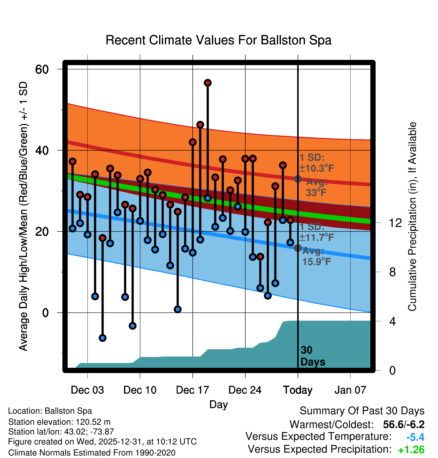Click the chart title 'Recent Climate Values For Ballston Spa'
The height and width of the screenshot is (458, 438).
click(x=218, y=40)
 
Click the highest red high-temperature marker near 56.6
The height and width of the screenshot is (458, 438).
click(x=207, y=83)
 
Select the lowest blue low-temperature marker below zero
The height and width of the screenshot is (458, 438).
click(x=102, y=338)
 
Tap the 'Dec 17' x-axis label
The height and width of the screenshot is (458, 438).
click(x=192, y=390)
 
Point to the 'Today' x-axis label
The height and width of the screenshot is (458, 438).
click(x=298, y=390)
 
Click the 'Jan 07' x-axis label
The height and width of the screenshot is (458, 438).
click(x=350, y=390)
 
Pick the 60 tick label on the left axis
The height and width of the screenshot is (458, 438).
click(x=42, y=69)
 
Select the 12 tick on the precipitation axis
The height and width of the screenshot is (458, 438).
click(x=395, y=223)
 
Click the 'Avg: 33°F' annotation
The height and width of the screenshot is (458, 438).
click(x=316, y=187)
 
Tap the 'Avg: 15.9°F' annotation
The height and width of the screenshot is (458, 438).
click(x=316, y=256)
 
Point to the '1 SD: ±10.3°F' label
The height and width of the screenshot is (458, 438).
click(x=316, y=163)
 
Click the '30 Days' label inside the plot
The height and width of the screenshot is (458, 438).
click(x=312, y=356)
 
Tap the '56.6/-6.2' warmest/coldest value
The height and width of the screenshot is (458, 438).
click(x=404, y=424)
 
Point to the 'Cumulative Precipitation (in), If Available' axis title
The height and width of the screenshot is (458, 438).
click(x=412, y=216)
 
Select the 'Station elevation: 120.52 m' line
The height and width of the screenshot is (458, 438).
click(x=59, y=422)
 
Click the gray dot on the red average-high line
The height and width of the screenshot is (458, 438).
click(x=298, y=179)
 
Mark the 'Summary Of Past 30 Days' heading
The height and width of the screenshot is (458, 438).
click(x=362, y=411)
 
